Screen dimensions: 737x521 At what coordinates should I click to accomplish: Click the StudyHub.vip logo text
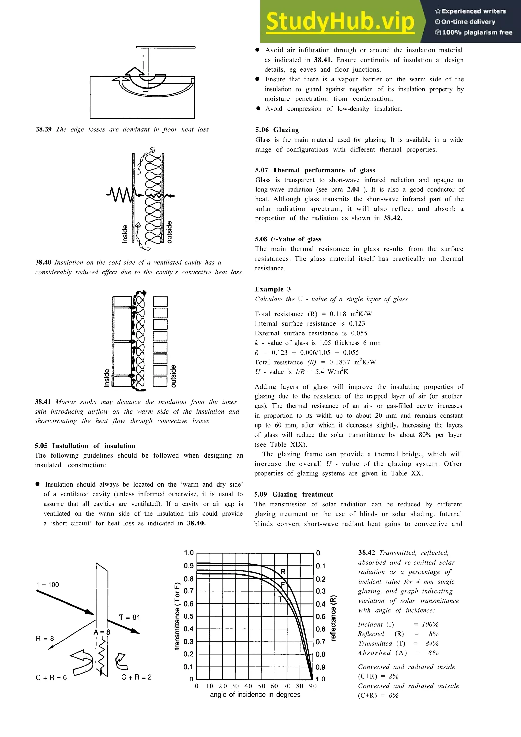coord(340,21)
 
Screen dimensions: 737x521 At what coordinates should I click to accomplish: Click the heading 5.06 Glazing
coord(277,130)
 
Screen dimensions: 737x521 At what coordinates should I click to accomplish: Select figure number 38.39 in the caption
coord(43,129)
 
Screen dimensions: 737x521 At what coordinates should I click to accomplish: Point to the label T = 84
coord(129,617)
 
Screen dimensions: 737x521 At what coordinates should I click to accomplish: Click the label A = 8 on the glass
coord(102,632)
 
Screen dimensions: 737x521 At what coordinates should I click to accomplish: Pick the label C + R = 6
coord(51,677)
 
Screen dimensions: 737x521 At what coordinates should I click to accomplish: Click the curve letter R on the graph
coord(283,572)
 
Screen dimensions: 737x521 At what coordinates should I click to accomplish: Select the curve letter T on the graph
coord(280,599)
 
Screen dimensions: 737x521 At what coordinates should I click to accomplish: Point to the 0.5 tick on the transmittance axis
coord(189,616)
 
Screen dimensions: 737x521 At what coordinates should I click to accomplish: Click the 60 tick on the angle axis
coord(274,686)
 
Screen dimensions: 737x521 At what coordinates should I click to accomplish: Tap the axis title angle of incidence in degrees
coord(255,694)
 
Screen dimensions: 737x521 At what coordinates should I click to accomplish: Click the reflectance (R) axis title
coord(333,618)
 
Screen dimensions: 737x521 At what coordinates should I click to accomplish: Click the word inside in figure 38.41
coord(107,378)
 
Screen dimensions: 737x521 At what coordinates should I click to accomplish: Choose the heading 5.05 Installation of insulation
coord(85,446)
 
